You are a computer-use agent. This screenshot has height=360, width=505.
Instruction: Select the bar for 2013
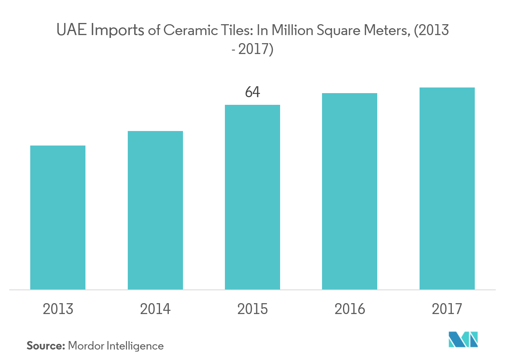[x=58, y=217]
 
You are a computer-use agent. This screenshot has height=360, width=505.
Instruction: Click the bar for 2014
[x=155, y=210]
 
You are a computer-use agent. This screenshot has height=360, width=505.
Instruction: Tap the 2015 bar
[x=252, y=197]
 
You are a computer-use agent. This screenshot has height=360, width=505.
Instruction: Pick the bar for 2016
[x=349, y=191]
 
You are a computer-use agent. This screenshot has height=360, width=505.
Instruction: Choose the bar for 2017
[x=447, y=188]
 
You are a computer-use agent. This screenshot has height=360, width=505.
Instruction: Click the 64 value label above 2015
[x=252, y=92]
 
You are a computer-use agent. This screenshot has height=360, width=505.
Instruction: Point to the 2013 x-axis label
[x=58, y=309]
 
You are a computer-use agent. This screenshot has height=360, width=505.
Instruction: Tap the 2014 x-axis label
[x=155, y=309]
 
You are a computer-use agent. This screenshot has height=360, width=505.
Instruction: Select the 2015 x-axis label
[x=252, y=309]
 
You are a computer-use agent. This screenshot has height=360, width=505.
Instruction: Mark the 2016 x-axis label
[x=349, y=309]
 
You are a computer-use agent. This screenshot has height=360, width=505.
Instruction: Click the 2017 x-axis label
[x=447, y=309]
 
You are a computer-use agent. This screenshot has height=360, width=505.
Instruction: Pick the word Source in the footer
[x=45, y=345]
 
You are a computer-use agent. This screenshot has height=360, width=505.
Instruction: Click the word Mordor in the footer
[x=85, y=345]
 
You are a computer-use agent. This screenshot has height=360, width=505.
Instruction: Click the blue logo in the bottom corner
[x=463, y=339]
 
